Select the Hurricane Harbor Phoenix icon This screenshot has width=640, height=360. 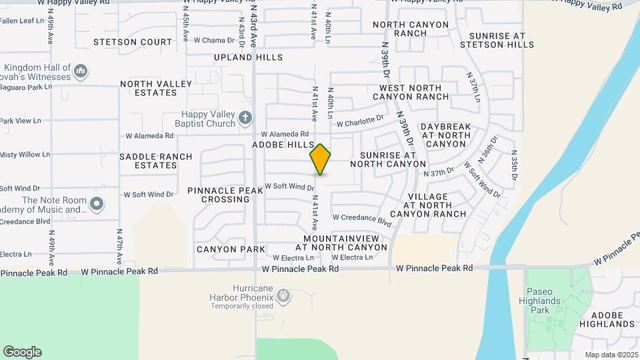point(283,295)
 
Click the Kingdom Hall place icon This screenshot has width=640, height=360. point(81,70)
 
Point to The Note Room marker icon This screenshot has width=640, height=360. point(97,203)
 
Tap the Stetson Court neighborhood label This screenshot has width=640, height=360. point(133,42)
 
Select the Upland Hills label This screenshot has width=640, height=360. point(248,58)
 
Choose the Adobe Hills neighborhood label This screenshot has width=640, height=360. point(283,145)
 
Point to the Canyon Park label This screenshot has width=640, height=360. point(222,249)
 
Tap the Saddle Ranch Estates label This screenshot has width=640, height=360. point(155,161)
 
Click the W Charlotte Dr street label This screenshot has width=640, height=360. point(360,121)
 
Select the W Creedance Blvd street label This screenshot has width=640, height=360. point(361,219)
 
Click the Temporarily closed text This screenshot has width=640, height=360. point(242,306)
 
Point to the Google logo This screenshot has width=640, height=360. point(22,352)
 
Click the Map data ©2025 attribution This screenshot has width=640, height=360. point(612,355)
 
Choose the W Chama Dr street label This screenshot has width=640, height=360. point(209,40)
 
